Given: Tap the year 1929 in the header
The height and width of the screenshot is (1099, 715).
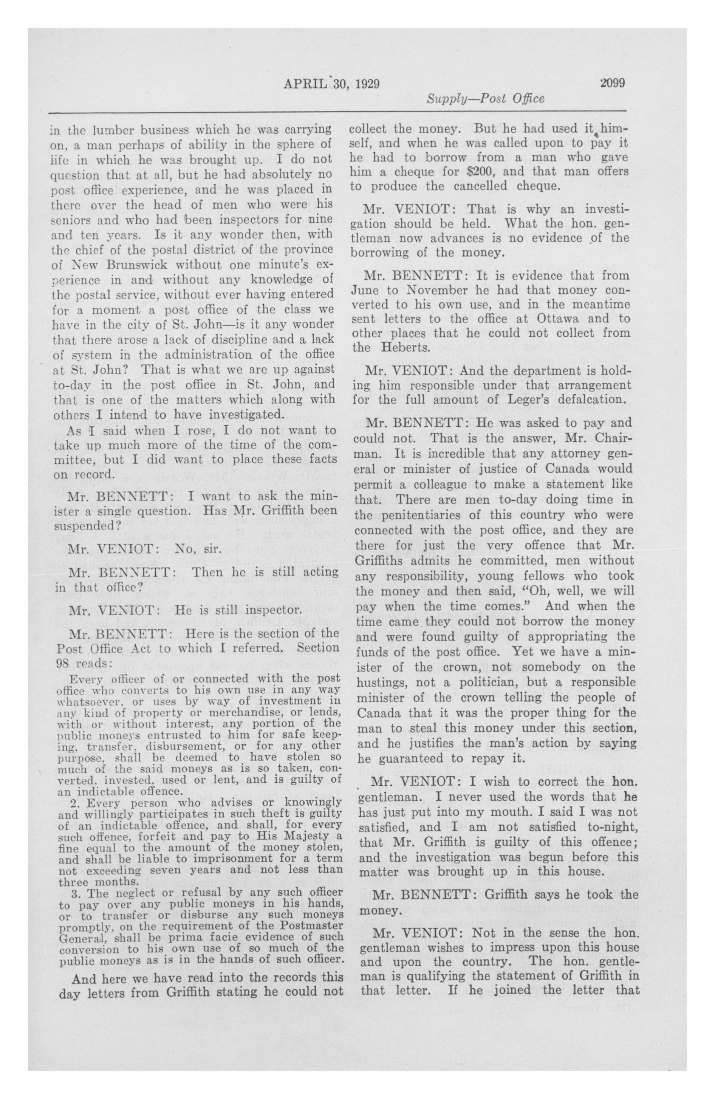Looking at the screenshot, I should (368, 84).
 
